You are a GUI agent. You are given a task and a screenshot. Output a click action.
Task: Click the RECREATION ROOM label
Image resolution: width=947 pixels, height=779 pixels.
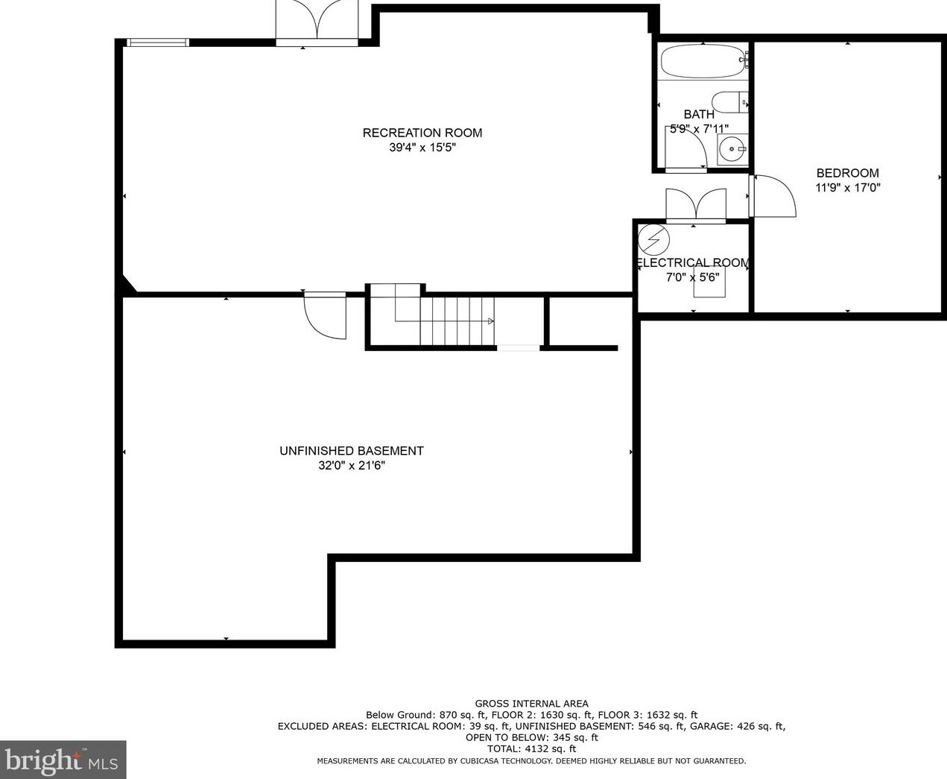(x=422, y=133)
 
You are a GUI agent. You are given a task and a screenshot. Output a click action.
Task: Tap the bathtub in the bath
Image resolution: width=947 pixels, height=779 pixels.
(x=703, y=62)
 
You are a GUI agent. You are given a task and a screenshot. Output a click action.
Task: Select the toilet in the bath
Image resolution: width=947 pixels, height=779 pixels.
(x=729, y=102)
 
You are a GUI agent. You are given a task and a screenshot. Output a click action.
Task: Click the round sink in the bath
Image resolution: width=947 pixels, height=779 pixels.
(x=732, y=148)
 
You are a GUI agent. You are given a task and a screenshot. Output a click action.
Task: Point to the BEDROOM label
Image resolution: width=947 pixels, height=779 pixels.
(x=848, y=173)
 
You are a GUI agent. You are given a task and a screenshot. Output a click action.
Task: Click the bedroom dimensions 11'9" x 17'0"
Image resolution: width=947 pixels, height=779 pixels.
(x=848, y=187)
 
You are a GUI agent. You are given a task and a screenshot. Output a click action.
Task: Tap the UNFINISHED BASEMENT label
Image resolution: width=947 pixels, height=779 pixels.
(x=352, y=450)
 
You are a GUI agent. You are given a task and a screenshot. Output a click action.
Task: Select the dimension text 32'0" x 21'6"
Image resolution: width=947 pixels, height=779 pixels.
(x=352, y=465)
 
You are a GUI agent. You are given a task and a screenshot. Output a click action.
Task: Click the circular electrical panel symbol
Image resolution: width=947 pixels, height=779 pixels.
(x=653, y=240)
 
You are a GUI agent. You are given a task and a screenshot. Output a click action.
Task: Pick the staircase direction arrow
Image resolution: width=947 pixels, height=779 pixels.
(x=491, y=321)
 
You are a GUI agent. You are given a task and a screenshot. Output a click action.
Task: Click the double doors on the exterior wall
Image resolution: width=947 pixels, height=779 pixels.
(x=317, y=22)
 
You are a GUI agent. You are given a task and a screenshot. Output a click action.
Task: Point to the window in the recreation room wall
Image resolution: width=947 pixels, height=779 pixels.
(x=157, y=42)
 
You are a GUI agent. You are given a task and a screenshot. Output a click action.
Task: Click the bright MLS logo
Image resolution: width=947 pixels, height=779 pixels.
(x=63, y=760)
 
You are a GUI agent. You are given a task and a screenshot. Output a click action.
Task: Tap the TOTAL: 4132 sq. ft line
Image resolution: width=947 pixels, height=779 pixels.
(x=531, y=749)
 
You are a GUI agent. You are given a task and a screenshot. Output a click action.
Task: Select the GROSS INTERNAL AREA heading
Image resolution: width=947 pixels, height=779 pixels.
(x=532, y=704)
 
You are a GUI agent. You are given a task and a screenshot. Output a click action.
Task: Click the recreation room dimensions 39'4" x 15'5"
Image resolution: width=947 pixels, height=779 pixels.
(x=422, y=148)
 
